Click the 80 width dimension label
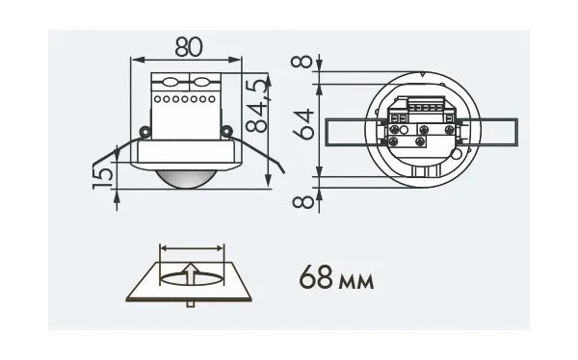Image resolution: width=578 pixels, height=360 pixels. pos(189,47)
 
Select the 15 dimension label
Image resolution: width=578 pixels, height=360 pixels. pos(103,178)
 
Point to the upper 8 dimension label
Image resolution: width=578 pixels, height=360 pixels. pos(302,62)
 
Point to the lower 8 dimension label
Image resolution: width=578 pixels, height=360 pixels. pos(303,202)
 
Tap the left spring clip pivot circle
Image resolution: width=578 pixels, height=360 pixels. pos(144,131)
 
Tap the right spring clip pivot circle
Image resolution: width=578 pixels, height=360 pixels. pos(226,131)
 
